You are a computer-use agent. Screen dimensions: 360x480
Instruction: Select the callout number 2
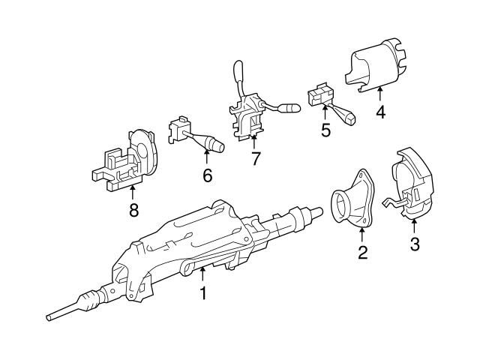coord(362,253)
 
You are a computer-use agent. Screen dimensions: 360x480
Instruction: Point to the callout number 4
coord(380,113)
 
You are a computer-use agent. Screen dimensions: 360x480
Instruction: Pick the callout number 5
coord(325,130)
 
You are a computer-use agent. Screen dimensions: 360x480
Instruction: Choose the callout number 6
coord(207,175)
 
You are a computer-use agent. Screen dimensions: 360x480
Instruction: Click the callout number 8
coord(133,211)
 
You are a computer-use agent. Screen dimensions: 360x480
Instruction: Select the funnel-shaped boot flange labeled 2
coord(355,206)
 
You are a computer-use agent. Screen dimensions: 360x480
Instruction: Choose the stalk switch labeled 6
coord(193,135)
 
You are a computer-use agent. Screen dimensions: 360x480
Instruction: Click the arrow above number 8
coord(133,190)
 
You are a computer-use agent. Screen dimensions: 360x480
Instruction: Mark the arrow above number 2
coord(362,233)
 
